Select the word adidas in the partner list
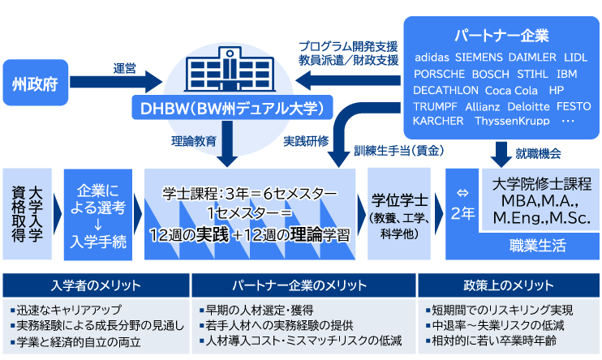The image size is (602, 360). [x=432, y=58]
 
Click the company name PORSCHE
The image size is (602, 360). [x=439, y=74]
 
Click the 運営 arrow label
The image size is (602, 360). [x=123, y=69]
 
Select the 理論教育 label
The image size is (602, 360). [x=194, y=140]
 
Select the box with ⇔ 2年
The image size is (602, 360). [x=462, y=204]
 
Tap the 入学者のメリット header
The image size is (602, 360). [x=96, y=285]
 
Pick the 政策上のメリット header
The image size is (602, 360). [x=510, y=285]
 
